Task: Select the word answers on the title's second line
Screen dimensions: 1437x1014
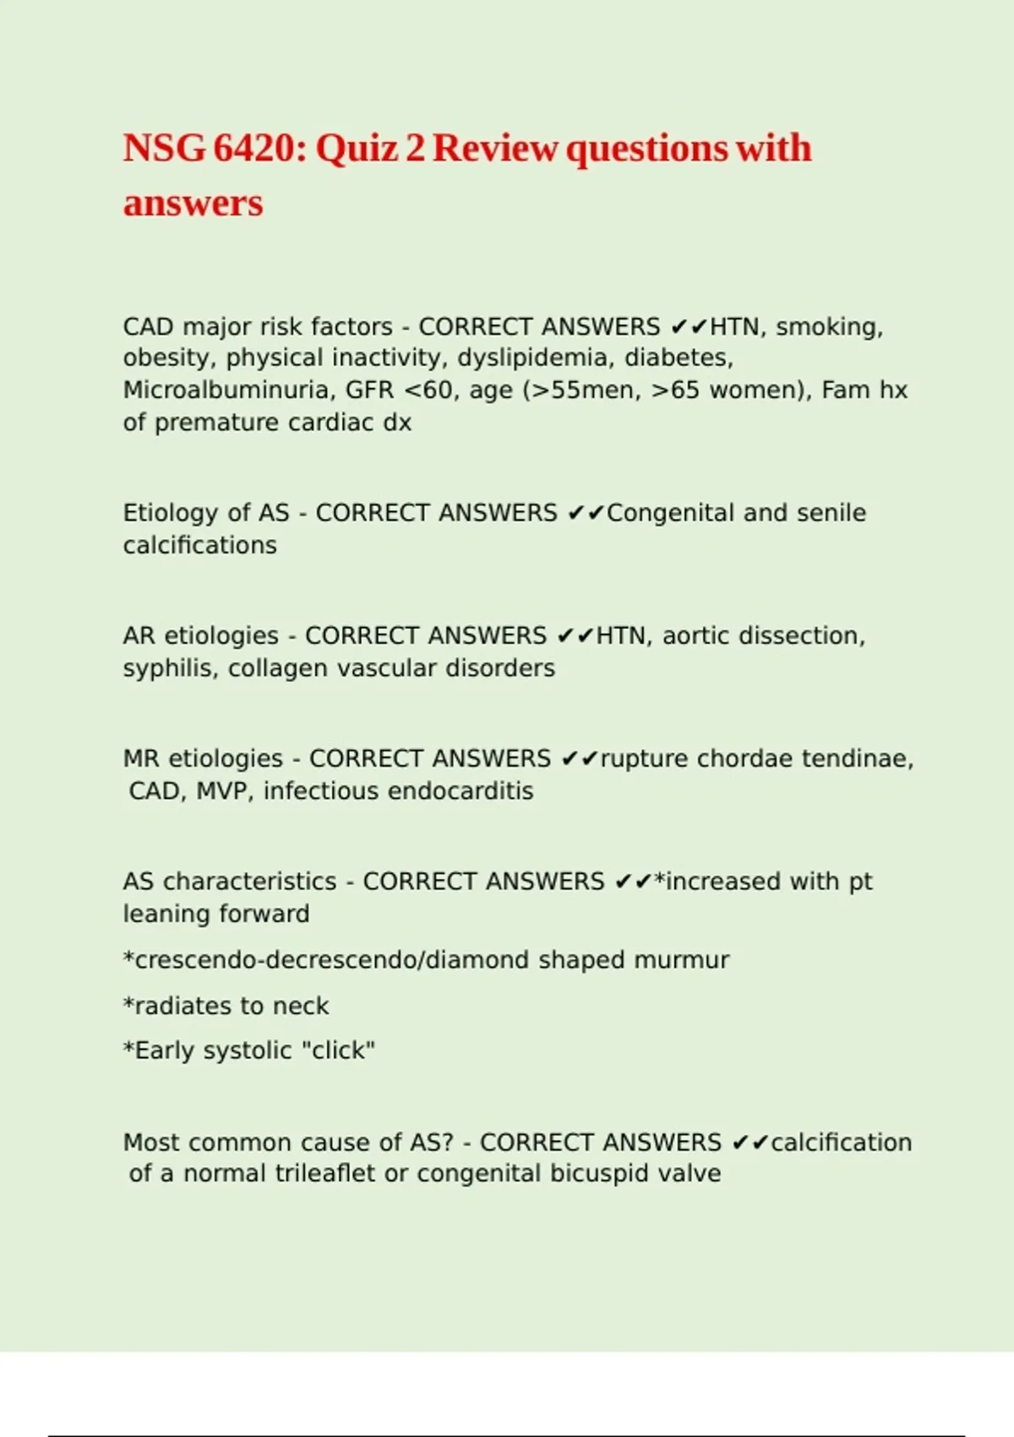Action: [193, 203]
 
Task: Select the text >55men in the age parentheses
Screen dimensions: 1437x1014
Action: [583, 390]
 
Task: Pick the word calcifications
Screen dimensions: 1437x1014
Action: [199, 545]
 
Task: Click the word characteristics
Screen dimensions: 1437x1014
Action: [250, 882]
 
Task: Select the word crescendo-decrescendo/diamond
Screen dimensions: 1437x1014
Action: [330, 960]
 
